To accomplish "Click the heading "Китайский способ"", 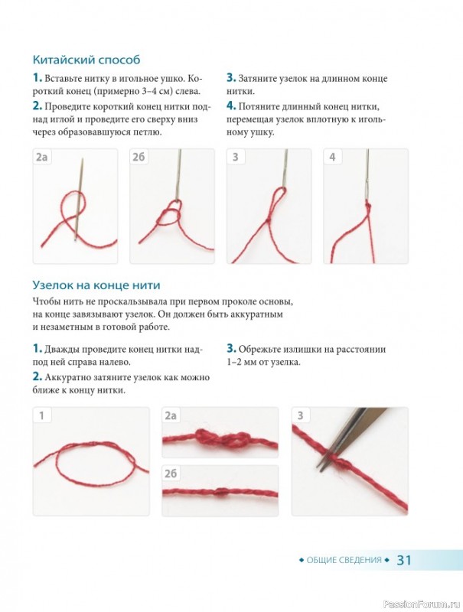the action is point(86,60).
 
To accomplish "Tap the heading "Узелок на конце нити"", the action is point(96,285).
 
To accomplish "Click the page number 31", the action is point(404,560).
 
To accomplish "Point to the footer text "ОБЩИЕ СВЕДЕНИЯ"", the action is point(344,560).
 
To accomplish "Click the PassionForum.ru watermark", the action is point(422,604).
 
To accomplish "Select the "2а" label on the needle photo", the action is point(42,157).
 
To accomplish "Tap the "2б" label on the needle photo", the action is point(139,157).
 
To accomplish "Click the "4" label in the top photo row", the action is point(332,157).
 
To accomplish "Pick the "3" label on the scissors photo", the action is point(300,415).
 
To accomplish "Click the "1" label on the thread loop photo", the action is point(41,415).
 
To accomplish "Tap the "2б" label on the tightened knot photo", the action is point(171,474).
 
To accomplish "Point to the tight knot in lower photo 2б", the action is point(221,493).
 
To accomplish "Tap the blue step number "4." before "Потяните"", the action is point(231,106).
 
